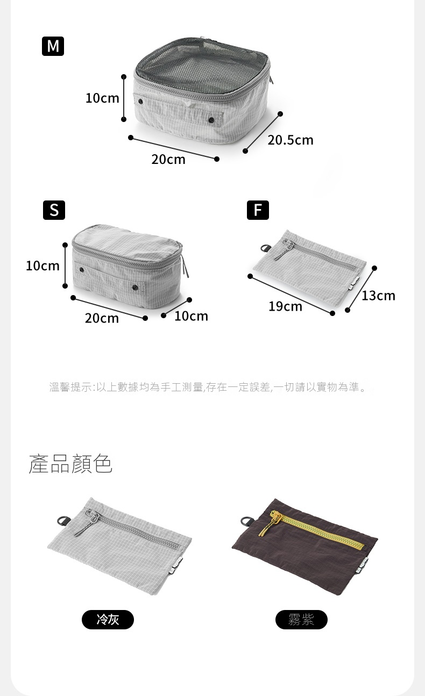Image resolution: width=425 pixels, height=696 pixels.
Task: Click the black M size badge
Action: (x=53, y=46)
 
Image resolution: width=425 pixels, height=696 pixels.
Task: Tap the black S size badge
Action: (x=54, y=210)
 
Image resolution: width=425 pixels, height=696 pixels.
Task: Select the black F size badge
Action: (x=258, y=210)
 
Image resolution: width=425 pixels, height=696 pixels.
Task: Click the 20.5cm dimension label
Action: (x=291, y=140)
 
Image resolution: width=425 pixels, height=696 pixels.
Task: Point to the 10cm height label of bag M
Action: (x=102, y=98)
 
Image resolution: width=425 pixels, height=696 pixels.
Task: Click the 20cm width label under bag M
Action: (x=168, y=160)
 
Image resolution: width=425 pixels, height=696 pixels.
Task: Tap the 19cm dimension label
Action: (x=285, y=307)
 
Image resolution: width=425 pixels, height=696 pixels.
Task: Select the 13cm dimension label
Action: (x=378, y=296)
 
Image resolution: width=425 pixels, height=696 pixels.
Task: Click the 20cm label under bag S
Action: (x=102, y=318)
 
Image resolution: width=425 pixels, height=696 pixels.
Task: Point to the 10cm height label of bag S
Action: (x=42, y=266)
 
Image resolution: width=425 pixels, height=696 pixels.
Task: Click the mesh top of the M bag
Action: (x=202, y=66)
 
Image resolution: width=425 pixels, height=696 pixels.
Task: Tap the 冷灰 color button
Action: (x=108, y=620)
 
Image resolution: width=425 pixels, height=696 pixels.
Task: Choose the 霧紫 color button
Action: (x=301, y=620)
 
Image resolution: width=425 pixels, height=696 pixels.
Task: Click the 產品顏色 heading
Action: (x=70, y=464)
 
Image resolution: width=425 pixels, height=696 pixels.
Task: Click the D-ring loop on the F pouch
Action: (x=266, y=248)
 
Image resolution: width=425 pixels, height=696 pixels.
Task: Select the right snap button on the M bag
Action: (x=211, y=120)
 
